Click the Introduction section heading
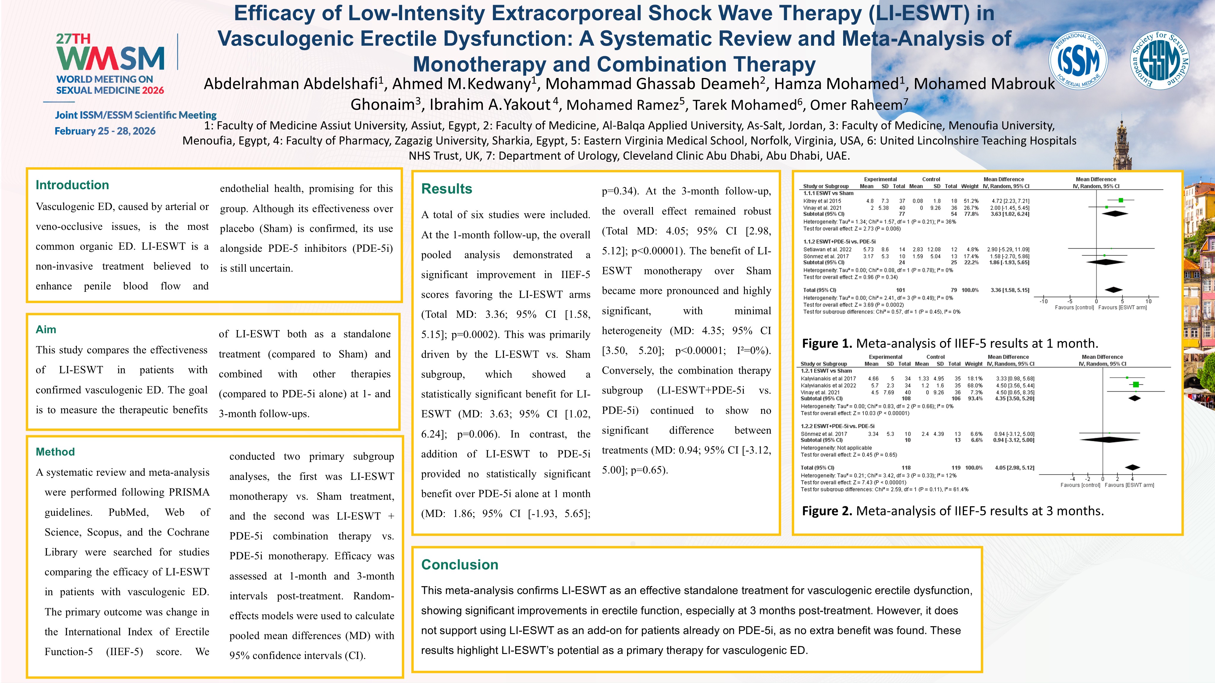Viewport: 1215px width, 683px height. click(x=72, y=185)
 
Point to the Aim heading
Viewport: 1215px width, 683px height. click(x=46, y=329)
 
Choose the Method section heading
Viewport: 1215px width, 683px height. click(x=55, y=452)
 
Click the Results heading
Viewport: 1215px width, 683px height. click(x=446, y=189)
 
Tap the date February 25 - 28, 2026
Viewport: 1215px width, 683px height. click(x=105, y=131)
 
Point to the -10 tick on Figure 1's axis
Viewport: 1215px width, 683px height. click(x=1043, y=301)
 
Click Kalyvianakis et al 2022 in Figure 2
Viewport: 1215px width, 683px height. click(x=828, y=386)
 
